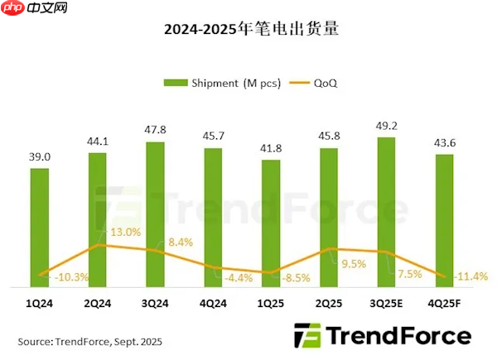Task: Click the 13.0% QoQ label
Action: point(127,233)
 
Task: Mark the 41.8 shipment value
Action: point(271,147)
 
